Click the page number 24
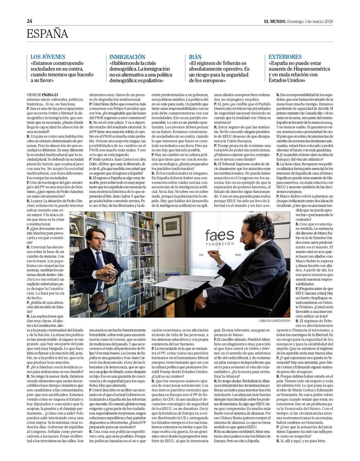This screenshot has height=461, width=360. pos(29,21)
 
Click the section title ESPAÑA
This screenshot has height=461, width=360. pos(47,34)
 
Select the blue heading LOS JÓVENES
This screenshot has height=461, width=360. pos(48,57)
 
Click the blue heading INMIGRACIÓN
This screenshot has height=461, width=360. pos(127,57)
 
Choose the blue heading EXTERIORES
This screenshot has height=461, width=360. pos(285,57)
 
